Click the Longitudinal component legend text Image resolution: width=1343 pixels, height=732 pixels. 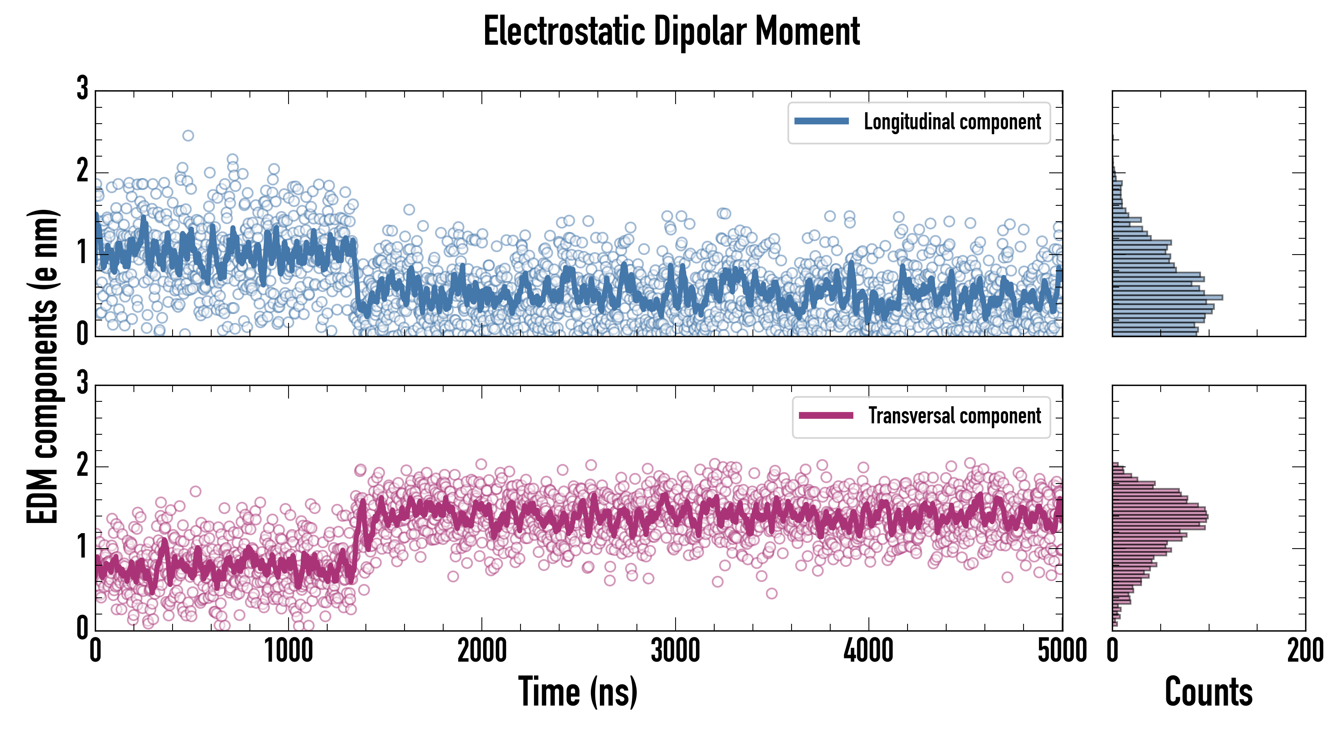tap(952, 122)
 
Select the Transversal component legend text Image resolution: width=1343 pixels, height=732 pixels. tap(954, 416)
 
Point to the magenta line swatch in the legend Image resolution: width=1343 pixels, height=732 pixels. tap(826, 415)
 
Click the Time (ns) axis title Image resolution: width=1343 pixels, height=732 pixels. tap(577, 691)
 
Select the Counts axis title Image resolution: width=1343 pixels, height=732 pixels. tap(1208, 691)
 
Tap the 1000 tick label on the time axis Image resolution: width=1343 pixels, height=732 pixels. tap(288, 651)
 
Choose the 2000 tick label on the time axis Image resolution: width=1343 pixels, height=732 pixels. tap(482, 651)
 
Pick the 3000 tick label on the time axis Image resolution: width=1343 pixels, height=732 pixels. tap(675, 651)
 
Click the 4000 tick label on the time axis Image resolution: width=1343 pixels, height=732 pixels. tap(868, 651)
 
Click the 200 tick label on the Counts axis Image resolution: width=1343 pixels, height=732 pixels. tap(1305, 651)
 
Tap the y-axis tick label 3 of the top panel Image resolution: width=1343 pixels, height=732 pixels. tap(82, 88)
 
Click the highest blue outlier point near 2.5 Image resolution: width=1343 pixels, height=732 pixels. tap(188, 135)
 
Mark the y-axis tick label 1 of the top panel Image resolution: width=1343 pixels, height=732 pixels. tap(82, 252)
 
